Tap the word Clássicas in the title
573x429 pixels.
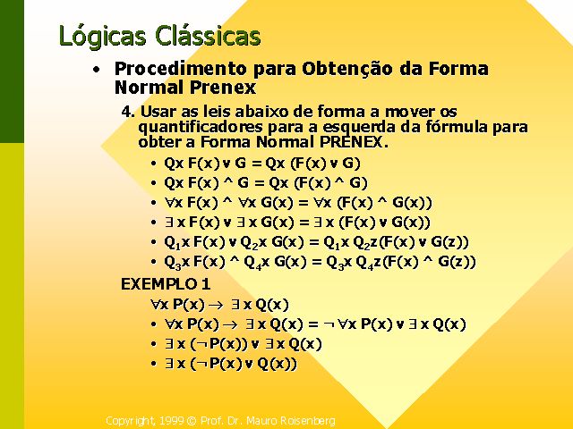208,35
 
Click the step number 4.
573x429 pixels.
128,112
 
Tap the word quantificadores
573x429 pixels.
201,127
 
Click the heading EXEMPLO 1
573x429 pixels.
166,284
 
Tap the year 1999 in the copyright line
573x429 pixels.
170,421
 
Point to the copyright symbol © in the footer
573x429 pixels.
192,421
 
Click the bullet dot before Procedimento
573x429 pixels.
96,70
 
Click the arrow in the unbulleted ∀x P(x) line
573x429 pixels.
215,306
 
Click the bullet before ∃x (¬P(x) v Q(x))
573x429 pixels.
154,364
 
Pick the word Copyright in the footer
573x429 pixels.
130,421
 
